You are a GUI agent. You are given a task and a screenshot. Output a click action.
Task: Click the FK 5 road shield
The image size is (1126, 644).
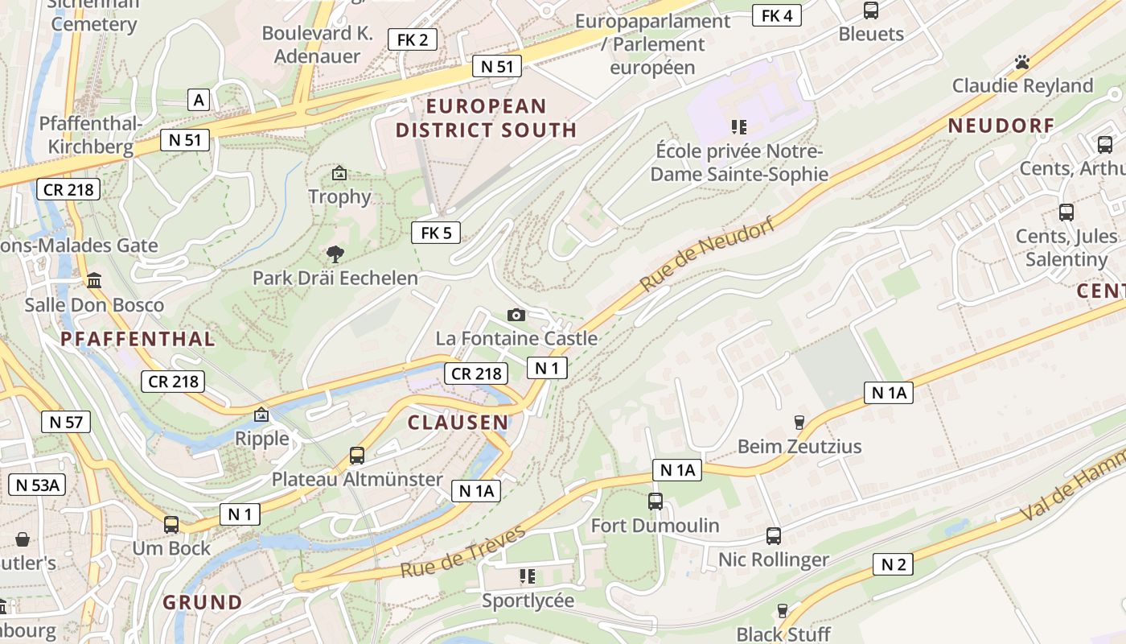[x=436, y=233]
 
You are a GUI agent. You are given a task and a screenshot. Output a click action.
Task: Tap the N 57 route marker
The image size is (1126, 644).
[x=66, y=422]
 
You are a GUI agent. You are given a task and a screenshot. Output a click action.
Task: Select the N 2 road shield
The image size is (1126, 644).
[x=894, y=564]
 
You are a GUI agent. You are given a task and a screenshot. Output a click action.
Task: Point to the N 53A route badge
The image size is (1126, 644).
[x=37, y=485]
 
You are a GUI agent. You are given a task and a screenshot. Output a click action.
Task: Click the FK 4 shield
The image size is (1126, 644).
[x=776, y=15]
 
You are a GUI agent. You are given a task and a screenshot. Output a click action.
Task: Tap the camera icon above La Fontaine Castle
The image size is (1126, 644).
[x=516, y=315]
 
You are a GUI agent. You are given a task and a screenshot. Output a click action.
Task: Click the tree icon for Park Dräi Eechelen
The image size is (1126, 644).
[x=335, y=255]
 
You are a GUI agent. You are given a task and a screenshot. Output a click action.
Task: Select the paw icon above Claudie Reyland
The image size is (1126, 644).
[x=1022, y=62]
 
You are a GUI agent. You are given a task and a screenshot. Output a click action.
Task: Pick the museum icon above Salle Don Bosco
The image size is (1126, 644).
[x=94, y=281]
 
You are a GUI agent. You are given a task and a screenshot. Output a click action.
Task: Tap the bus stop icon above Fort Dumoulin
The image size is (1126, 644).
[x=655, y=502]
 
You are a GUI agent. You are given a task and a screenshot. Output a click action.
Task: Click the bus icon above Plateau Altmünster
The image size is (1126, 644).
[x=357, y=456]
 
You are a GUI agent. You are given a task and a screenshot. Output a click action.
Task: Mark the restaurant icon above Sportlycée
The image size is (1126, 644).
[x=528, y=576]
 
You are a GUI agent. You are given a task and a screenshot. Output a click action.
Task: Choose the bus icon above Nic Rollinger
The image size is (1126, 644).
[x=774, y=535]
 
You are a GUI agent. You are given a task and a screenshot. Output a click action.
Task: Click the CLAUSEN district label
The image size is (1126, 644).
[x=458, y=423]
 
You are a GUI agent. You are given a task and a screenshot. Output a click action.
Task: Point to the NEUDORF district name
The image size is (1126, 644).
[x=1001, y=126]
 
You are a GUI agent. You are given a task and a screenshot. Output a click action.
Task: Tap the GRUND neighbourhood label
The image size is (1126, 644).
[x=202, y=602]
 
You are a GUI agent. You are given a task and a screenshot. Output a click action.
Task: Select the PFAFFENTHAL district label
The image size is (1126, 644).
[x=138, y=339]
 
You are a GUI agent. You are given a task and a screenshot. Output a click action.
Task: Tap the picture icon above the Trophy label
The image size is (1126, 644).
[x=339, y=173]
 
